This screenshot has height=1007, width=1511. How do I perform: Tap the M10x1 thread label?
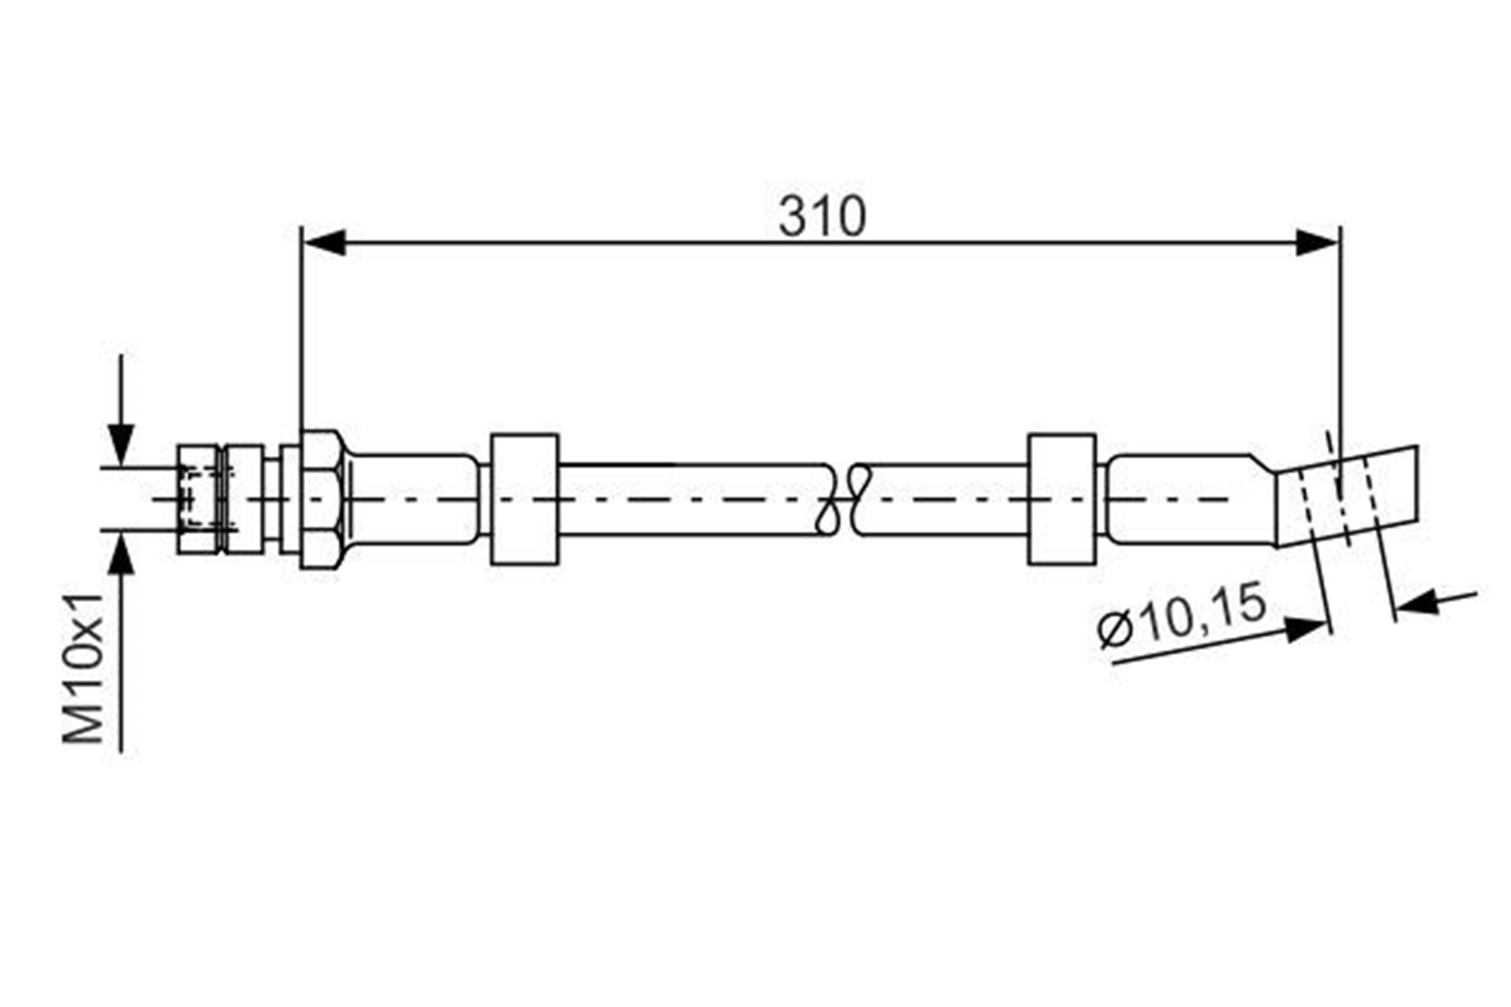click(83, 668)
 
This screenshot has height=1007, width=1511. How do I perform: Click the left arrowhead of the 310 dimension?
click(324, 242)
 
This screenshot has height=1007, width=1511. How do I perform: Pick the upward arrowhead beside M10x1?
click(122, 554)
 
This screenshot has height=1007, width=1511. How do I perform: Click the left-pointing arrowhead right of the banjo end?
click(1417, 602)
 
